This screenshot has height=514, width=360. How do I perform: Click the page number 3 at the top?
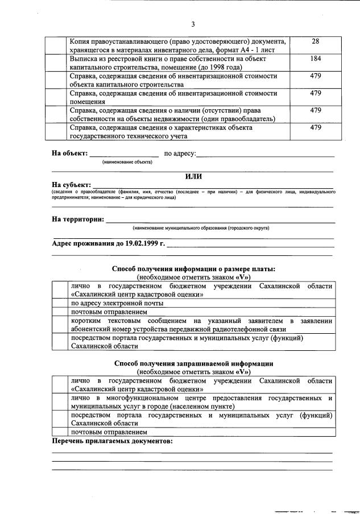point(193,24)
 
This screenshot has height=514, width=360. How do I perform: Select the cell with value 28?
point(316,42)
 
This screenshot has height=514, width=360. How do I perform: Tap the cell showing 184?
point(316,59)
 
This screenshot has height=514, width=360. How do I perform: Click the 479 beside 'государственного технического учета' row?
point(316,127)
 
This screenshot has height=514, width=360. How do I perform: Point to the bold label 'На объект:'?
point(70,154)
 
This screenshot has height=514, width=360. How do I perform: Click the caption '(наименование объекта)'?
point(127,162)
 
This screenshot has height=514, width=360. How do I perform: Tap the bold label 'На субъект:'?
point(71,185)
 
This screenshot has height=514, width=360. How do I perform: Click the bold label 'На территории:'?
point(77,219)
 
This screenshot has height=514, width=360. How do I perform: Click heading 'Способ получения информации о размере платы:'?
point(193,268)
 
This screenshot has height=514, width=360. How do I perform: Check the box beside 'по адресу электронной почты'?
point(59,304)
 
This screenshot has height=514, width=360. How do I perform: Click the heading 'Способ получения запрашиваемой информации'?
point(193,363)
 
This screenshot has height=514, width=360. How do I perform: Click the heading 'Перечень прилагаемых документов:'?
point(112,441)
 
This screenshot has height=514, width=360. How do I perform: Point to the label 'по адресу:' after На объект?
point(180,154)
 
